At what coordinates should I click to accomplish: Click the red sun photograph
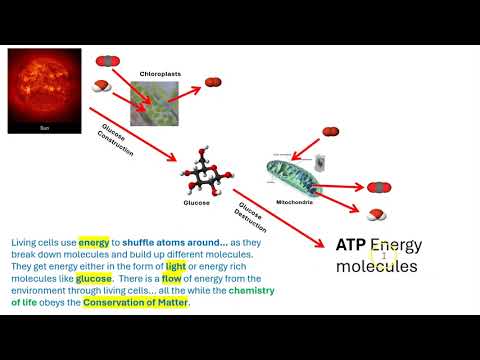coord(43,92)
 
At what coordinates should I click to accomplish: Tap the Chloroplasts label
coord(160,73)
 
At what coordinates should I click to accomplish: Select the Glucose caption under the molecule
coord(196,202)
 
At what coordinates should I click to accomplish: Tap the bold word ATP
coord(351,245)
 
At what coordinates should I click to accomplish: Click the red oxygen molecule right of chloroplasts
coord(212,82)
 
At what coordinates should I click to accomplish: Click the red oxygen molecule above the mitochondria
coord(332,131)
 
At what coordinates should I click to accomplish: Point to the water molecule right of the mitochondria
coord(378,213)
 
